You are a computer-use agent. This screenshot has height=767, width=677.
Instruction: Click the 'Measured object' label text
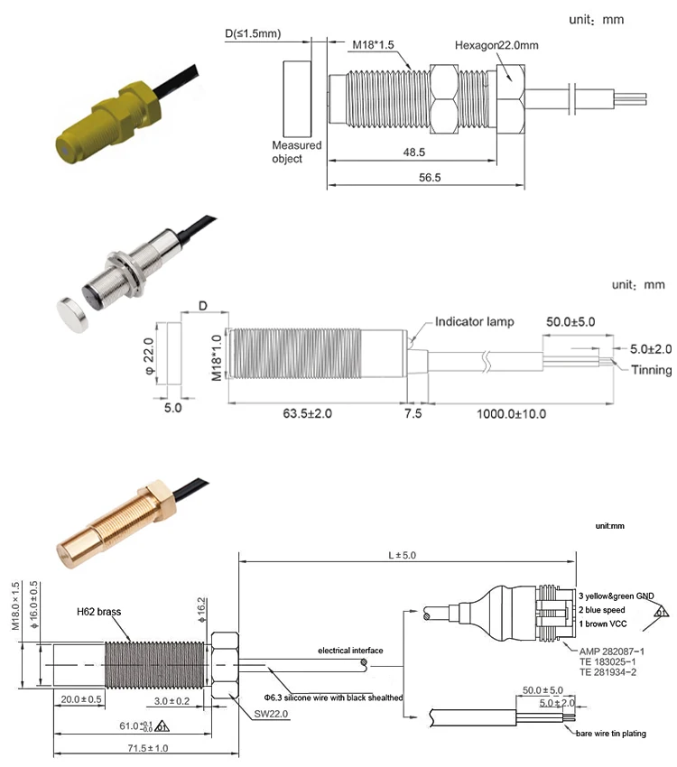(296, 152)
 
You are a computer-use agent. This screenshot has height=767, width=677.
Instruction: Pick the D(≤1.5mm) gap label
(253, 34)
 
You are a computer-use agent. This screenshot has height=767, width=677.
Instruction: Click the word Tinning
(650, 370)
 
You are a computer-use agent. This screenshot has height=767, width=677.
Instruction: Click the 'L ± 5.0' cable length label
(406, 555)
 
